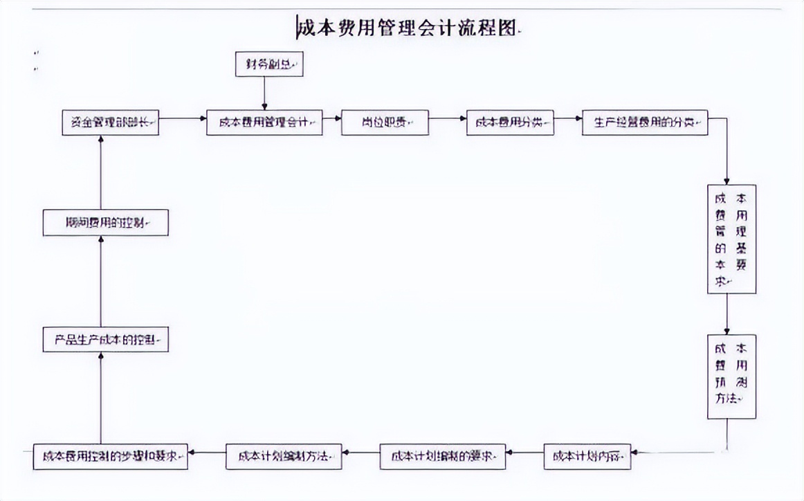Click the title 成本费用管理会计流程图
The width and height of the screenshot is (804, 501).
(x=408, y=28)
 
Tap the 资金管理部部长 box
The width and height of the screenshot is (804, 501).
(x=109, y=122)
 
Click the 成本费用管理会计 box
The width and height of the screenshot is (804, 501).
(x=264, y=122)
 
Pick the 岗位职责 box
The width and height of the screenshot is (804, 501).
(x=385, y=122)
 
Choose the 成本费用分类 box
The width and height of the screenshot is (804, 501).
(x=510, y=122)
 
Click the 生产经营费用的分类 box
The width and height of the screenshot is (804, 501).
(x=645, y=122)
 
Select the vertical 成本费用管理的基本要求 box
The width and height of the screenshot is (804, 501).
(x=731, y=239)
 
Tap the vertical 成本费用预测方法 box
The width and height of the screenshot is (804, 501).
(x=731, y=377)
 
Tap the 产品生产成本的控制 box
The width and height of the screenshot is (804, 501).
(x=105, y=340)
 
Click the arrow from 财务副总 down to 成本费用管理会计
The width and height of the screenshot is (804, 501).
(x=264, y=93)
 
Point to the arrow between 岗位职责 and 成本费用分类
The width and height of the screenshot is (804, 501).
(x=448, y=118)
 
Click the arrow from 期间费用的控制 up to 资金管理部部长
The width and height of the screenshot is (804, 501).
(x=101, y=173)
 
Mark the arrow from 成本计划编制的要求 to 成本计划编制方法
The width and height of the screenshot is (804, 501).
(x=361, y=453)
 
